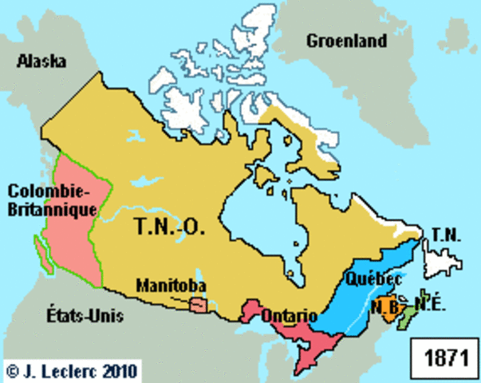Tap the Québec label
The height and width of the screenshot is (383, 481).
click(373, 279)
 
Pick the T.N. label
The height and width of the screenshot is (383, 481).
click(445, 234)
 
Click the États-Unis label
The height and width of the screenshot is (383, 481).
click(83, 317)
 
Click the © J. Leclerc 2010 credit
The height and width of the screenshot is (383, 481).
click(72, 371)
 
